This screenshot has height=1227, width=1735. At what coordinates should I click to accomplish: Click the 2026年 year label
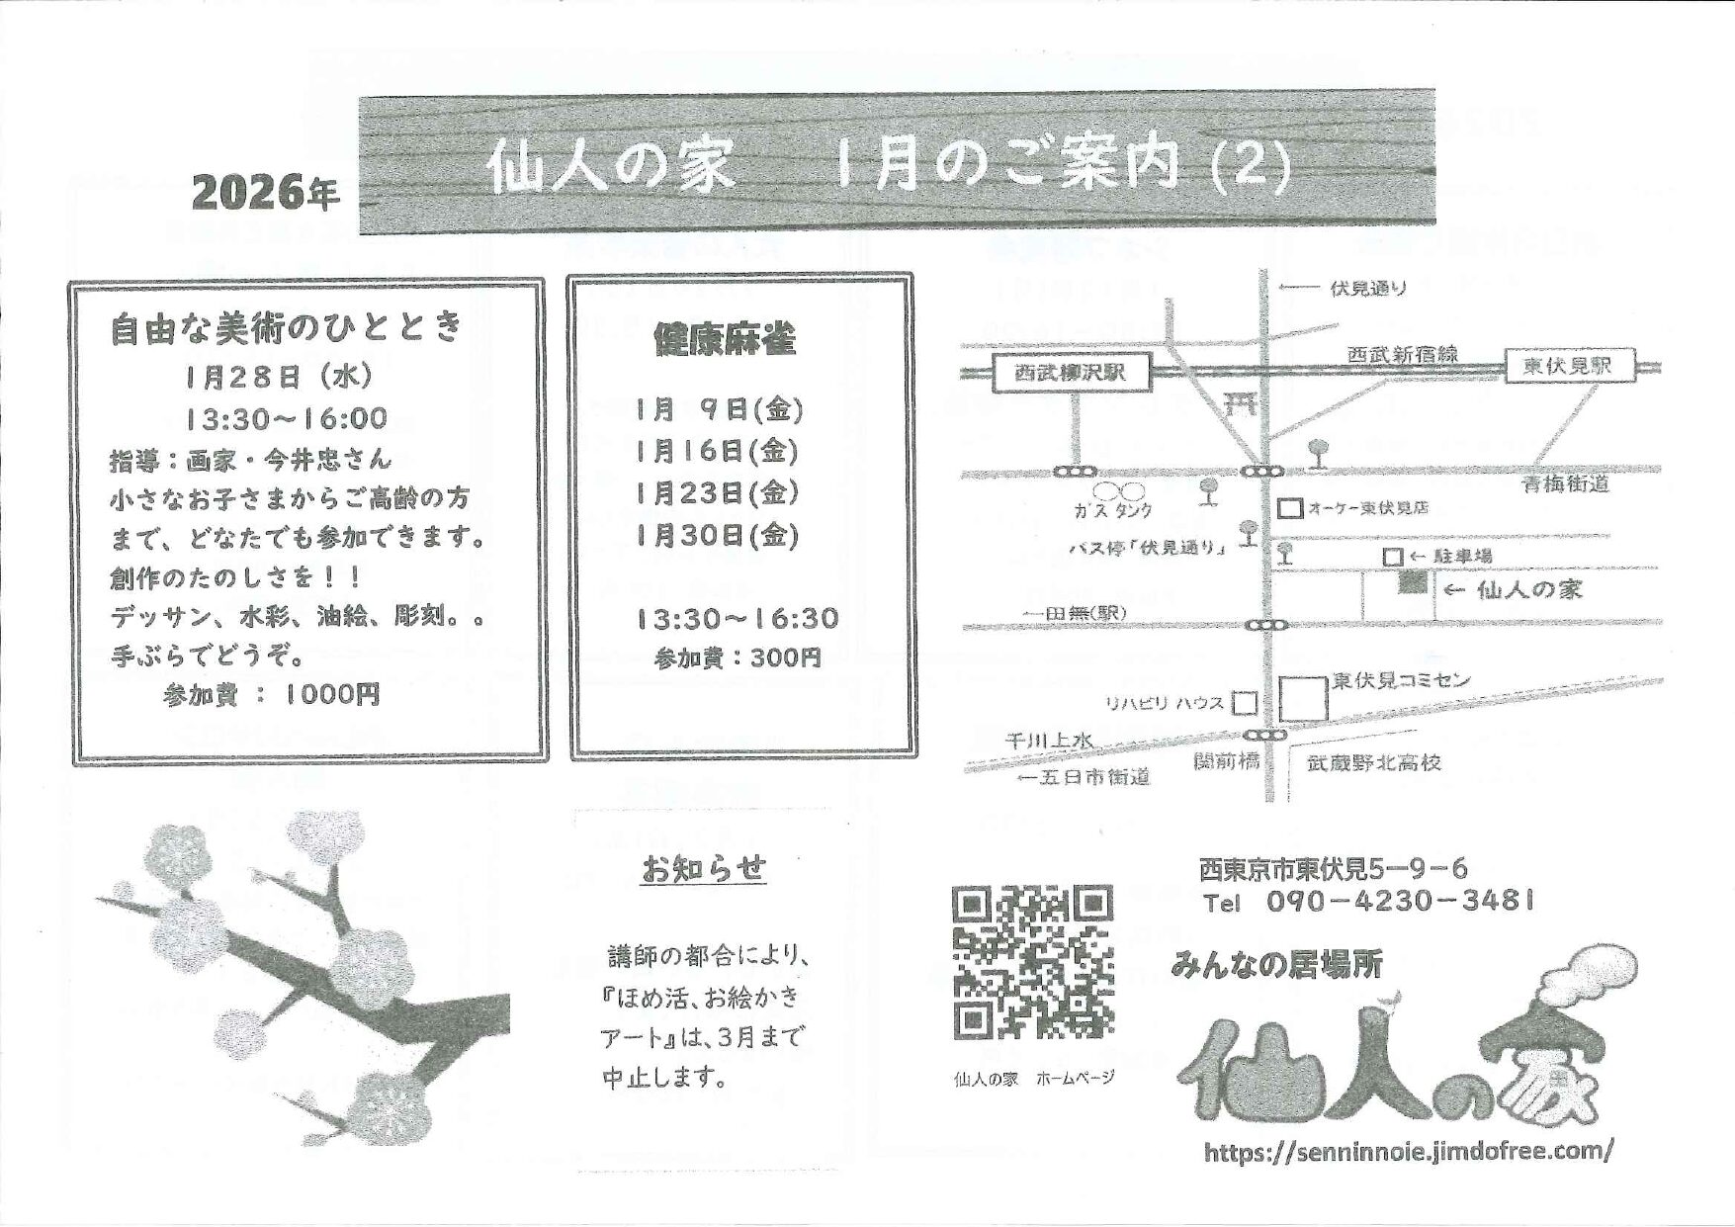coord(266,192)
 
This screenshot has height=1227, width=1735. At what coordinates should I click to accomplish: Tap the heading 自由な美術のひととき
coord(286,327)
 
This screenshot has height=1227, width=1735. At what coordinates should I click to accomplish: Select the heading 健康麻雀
coord(725,340)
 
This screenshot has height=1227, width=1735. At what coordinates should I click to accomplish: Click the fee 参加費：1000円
coord(272,695)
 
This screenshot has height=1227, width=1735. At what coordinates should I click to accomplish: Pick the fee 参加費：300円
coord(737,658)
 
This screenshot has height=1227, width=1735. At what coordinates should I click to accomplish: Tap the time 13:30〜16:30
coord(737,619)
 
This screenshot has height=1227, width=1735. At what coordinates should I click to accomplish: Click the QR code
coord(1033,962)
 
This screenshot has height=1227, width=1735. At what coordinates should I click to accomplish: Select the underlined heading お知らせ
coord(704,869)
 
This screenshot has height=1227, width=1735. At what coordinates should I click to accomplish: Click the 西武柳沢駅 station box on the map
coord(1072,374)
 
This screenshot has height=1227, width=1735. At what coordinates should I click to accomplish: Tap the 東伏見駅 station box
coord(1569,366)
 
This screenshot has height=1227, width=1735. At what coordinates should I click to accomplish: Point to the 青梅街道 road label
coord(1566,483)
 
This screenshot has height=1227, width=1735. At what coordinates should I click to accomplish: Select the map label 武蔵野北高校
coord(1373,763)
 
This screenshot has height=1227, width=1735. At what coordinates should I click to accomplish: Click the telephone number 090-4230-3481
coord(1399,902)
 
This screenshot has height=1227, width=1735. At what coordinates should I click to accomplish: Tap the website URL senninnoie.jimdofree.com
coord(1409,1151)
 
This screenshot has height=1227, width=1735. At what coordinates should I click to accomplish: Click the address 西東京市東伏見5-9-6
coord(1334,869)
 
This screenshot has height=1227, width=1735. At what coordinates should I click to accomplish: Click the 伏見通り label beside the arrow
coord(1368,289)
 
